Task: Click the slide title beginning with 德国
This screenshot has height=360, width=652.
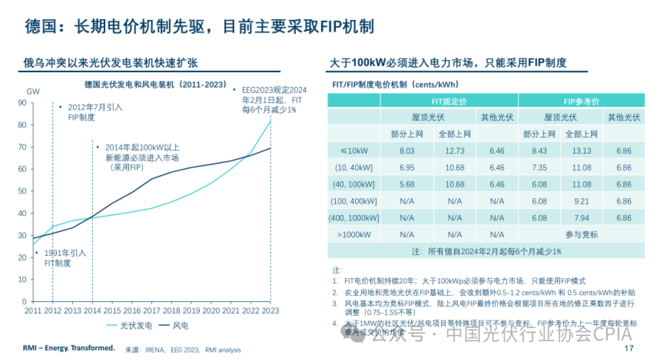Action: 199,27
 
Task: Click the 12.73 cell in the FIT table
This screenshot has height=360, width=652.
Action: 455,151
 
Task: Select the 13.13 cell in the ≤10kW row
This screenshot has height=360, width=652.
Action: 581,151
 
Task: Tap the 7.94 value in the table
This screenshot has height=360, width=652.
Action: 581,218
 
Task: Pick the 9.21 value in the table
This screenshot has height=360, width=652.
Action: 581,201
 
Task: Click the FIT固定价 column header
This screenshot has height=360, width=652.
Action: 449,101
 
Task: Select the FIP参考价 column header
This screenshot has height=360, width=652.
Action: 581,101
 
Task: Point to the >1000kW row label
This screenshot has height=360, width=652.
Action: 354,234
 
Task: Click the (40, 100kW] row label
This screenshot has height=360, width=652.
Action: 354,184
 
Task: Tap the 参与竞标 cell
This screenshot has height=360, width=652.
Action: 581,234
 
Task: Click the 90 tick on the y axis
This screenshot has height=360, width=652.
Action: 22,103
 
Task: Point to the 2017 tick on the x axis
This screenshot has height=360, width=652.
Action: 152,310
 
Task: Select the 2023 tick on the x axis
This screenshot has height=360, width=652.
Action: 270,310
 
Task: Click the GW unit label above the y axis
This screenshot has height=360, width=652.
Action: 33,91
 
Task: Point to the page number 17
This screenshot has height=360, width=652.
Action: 628,349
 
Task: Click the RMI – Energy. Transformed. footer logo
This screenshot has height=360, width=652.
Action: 68,348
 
